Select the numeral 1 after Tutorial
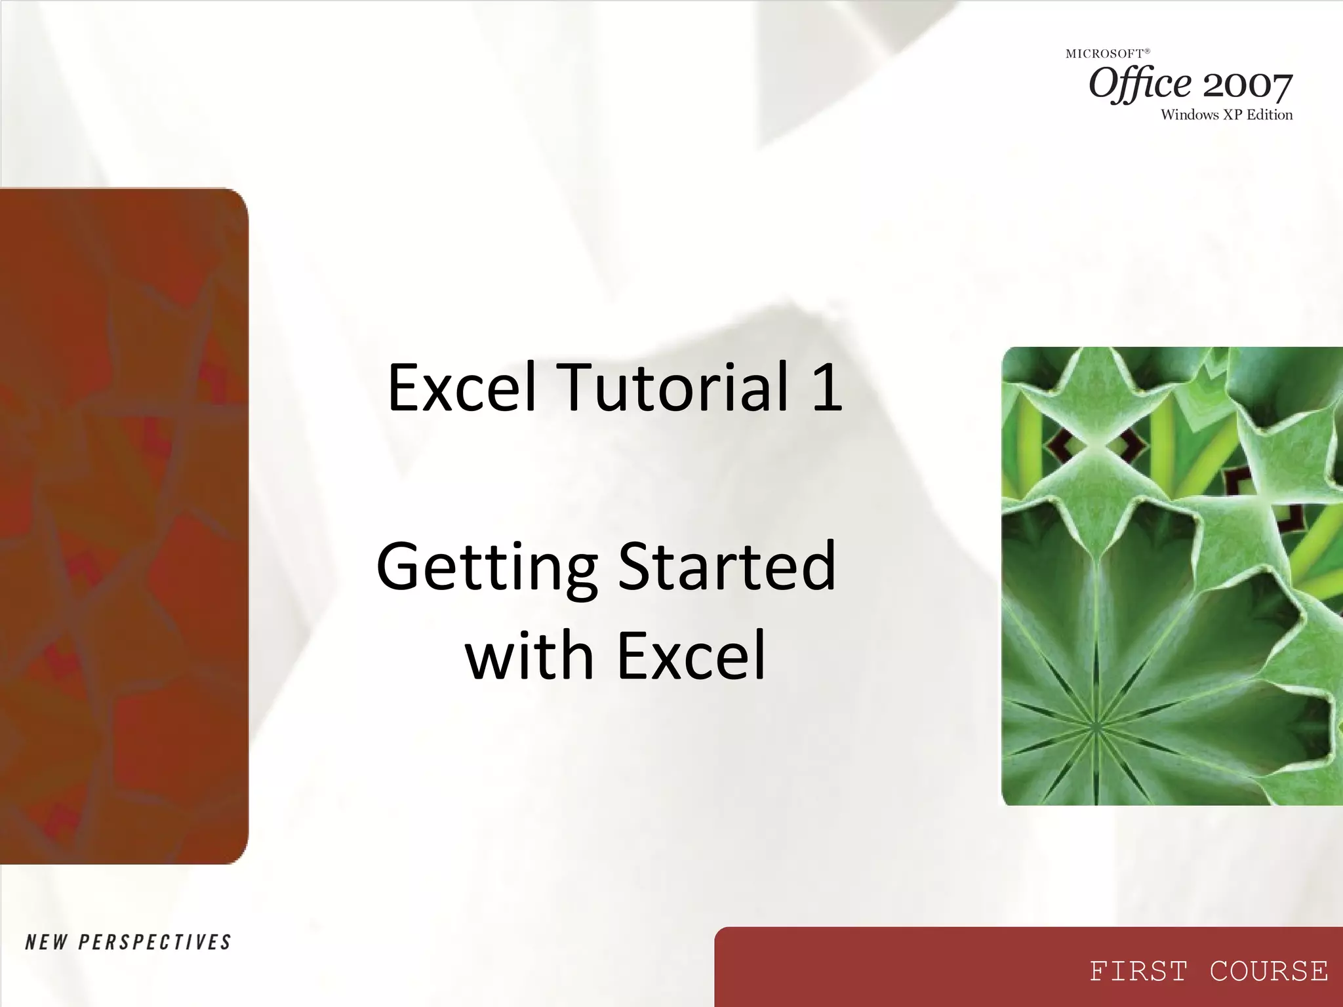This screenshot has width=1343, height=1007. [x=826, y=388]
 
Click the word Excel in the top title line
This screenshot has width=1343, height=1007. [x=462, y=388]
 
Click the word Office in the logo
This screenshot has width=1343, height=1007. [x=1140, y=84]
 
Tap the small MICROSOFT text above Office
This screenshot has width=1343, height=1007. [x=1104, y=54]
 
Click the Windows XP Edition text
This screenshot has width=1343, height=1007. [x=1226, y=115]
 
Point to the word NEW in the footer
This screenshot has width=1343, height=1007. [x=46, y=943]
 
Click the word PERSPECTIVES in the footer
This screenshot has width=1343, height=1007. [x=155, y=943]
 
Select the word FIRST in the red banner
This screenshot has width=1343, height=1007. [x=1138, y=972]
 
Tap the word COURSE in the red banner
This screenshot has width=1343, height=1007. [x=1269, y=972]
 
